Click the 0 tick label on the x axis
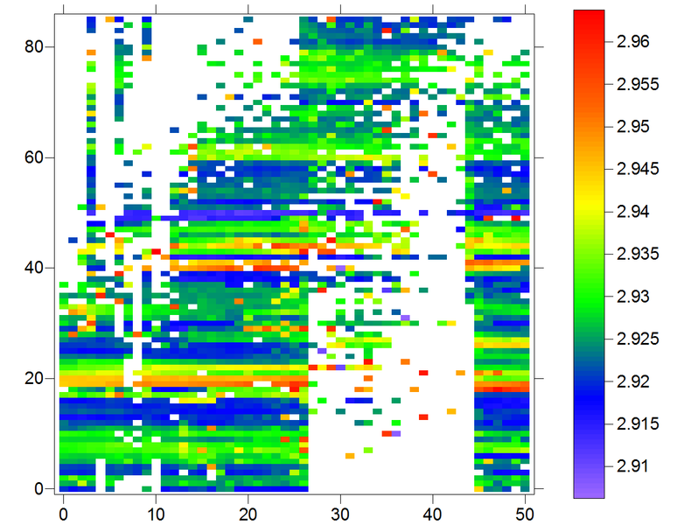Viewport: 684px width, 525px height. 63,512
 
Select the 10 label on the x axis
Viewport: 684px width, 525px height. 156,512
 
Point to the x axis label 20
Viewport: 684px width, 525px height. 248,512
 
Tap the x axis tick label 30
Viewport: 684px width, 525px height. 341,512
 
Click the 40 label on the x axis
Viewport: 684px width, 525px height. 434,512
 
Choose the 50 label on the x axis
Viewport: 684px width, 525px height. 527,512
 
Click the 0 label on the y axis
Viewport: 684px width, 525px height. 39,488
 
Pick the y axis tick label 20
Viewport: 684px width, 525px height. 34,378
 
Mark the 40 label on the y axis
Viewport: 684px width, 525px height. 34,268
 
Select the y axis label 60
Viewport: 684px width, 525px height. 34,157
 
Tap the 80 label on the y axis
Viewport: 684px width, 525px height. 34,47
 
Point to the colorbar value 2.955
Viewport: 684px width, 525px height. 637,84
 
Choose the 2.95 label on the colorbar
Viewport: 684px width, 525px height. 632,127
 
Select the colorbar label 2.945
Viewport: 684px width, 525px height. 637,169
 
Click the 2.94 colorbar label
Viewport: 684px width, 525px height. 632,211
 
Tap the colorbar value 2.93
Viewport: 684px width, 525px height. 632,296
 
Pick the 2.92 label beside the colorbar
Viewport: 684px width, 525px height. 632,381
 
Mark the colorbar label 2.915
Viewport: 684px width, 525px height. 637,423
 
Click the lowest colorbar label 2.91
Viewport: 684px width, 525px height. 632,465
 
